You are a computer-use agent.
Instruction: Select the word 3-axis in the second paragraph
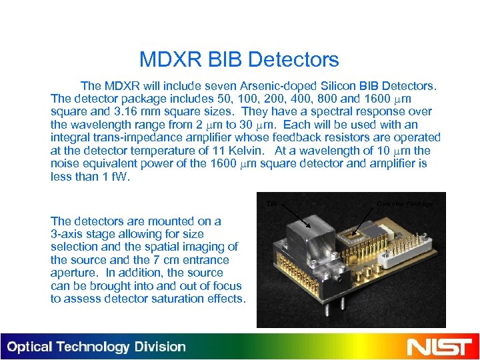coord(67,234)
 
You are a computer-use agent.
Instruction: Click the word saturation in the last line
coord(170,299)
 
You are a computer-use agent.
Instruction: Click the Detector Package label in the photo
coord(405,203)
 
